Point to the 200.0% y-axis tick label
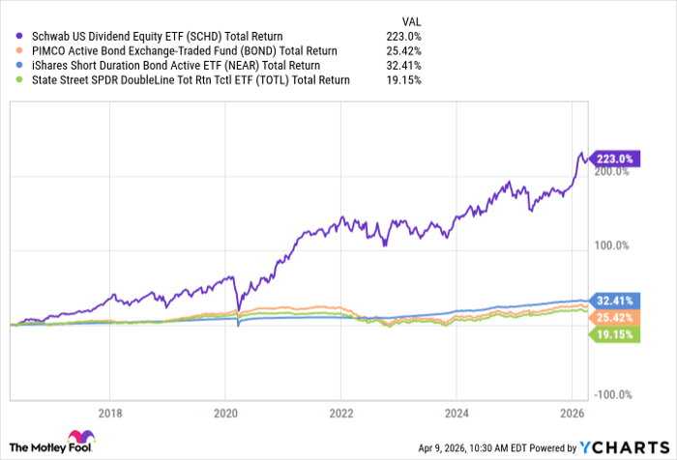[x=611, y=172]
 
